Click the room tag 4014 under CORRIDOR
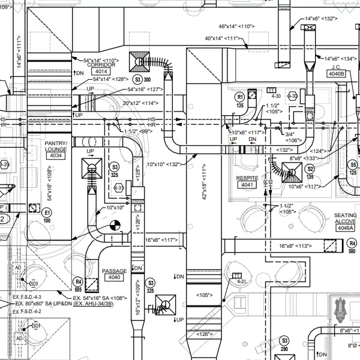coord(100,71)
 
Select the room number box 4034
coord(55,155)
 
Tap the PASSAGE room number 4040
coord(113,278)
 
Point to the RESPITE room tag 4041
coord(247,185)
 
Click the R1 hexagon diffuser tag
coord(239,96)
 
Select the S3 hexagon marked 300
coord(138,79)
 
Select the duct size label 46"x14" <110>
coord(237,27)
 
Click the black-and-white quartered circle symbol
coord(116,226)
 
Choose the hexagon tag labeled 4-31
coord(242,281)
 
